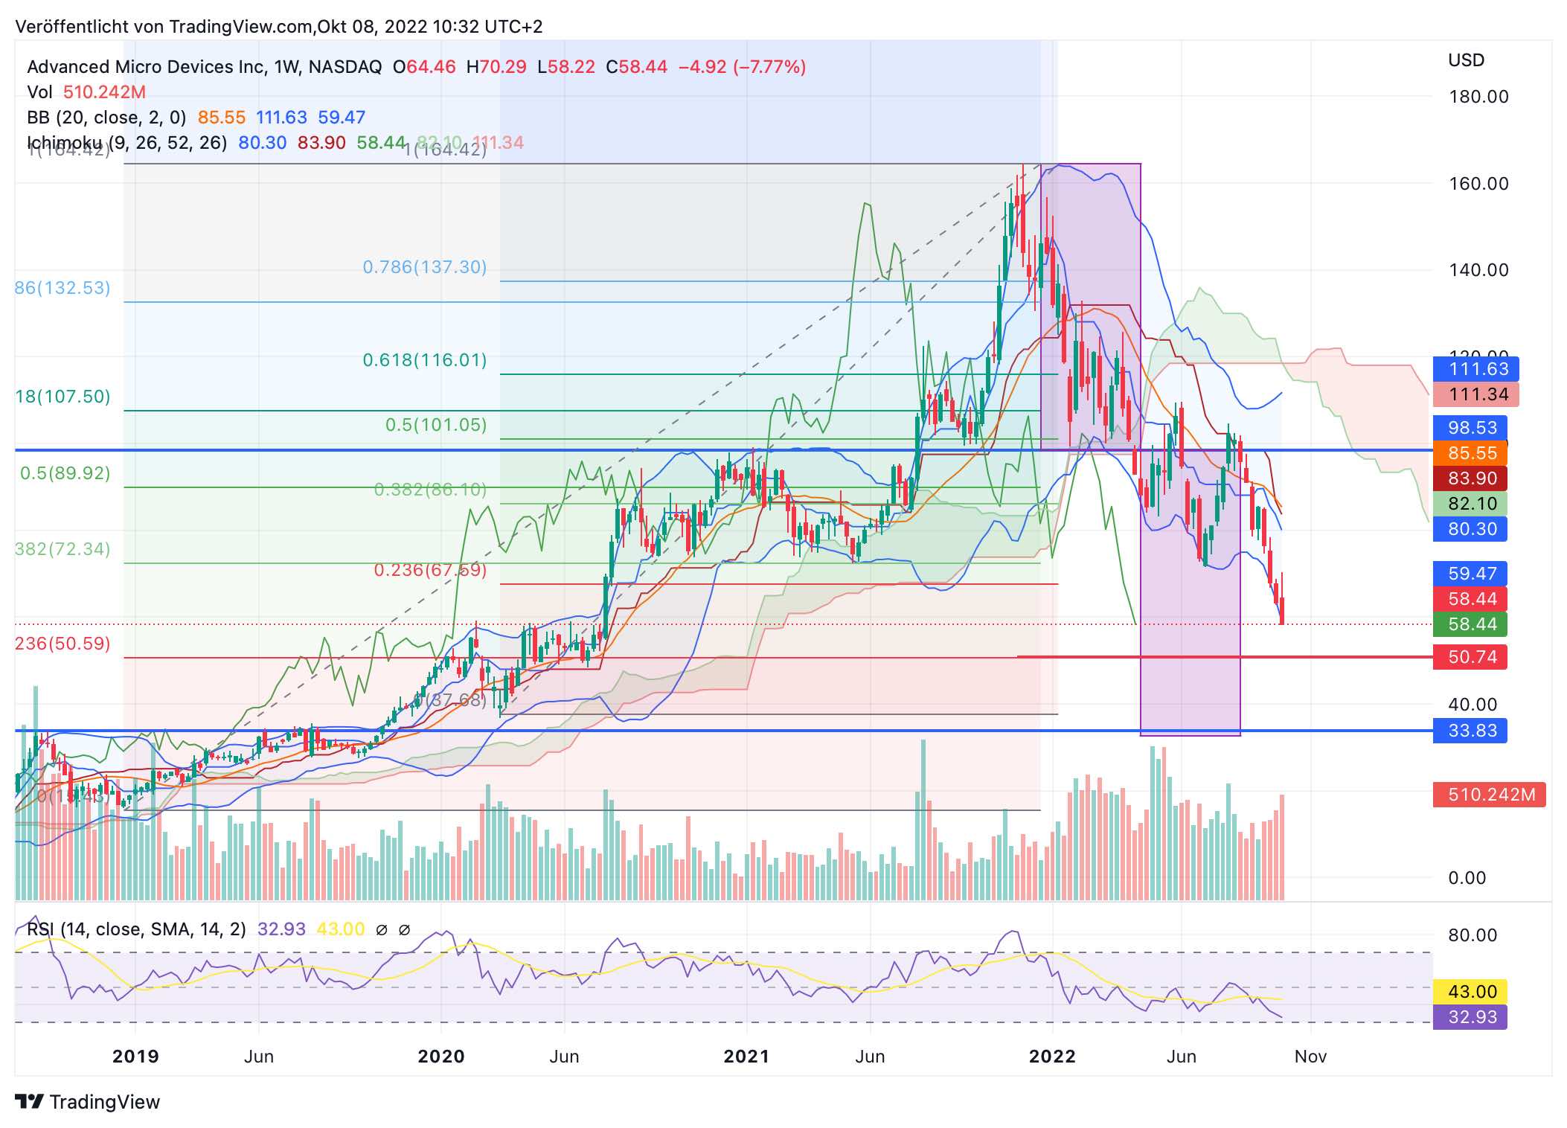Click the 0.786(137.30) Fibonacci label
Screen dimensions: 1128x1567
click(x=424, y=267)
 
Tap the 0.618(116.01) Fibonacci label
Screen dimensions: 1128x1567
click(x=424, y=360)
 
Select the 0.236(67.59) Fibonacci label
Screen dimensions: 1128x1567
click(x=430, y=570)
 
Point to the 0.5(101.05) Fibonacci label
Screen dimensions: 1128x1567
click(x=435, y=425)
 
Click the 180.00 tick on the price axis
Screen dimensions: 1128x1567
click(x=1478, y=97)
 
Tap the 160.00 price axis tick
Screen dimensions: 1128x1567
click(x=1478, y=184)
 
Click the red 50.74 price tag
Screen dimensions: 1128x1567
click(x=1470, y=657)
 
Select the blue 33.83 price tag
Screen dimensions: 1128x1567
click(x=1470, y=731)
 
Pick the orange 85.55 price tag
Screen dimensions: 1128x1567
click(x=1470, y=453)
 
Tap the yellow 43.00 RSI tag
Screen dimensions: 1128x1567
click(x=1470, y=992)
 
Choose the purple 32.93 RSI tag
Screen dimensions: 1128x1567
click(x=1470, y=1017)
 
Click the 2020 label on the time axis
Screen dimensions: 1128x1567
click(x=440, y=1057)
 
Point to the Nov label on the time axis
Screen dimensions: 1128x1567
click(x=1310, y=1057)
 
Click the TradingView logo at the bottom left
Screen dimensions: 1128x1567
click(x=88, y=1102)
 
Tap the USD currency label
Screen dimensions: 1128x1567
click(x=1466, y=60)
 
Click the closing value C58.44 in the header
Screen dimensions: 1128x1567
click(x=636, y=67)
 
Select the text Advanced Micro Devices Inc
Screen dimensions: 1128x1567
click(x=146, y=67)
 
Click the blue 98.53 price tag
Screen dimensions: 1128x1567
click(x=1470, y=428)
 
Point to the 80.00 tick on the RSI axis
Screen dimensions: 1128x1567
click(x=1472, y=935)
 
